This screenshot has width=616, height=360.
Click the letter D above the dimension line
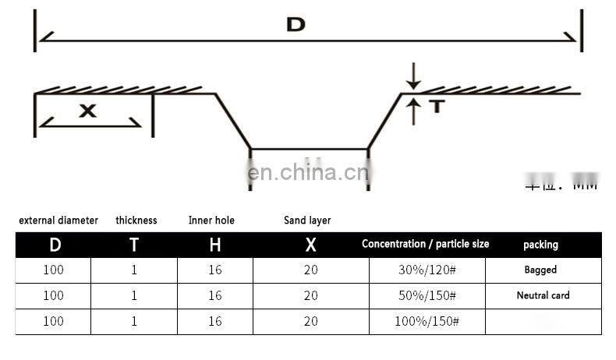point(296,24)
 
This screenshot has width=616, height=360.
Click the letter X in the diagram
point(88,111)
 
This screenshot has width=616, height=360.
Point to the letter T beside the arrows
point(436,107)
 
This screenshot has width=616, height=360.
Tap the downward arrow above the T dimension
point(413,76)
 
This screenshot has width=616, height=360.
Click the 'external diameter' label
point(58,221)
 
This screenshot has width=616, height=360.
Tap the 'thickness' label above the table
point(136,221)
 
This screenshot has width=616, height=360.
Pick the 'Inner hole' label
point(211,221)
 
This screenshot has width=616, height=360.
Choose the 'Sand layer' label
point(307,221)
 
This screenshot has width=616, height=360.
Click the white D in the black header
point(55,245)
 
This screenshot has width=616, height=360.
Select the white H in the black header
point(214,245)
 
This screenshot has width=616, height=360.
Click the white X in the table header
point(310,245)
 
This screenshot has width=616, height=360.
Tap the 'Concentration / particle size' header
point(425,244)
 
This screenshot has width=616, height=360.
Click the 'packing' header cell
point(540,245)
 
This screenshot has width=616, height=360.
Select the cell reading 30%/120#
point(427,270)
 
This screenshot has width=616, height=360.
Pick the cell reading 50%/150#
point(427,295)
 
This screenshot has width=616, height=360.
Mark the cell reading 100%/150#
point(427,321)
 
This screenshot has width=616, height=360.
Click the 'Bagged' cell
point(540,270)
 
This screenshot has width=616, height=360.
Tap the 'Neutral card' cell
point(543,295)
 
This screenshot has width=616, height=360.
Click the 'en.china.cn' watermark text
point(308,173)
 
